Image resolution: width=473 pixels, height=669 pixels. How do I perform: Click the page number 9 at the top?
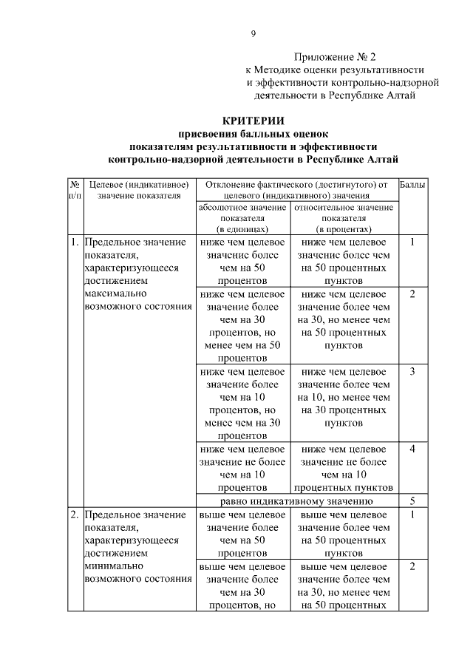click(x=253, y=33)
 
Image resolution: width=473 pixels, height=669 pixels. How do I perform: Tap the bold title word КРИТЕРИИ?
click(x=253, y=121)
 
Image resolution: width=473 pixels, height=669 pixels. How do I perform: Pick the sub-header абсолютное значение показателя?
click(x=242, y=218)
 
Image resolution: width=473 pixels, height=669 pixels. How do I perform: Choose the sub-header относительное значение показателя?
click(x=344, y=218)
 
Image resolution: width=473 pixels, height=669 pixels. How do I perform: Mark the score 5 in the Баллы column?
click(x=412, y=500)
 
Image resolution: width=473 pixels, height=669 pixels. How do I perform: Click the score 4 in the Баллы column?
click(x=412, y=449)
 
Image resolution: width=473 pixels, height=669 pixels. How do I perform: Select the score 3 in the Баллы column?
click(x=412, y=370)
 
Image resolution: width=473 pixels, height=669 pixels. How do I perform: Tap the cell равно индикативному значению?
click(x=296, y=500)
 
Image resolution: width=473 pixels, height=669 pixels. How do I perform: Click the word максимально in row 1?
click(x=112, y=294)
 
